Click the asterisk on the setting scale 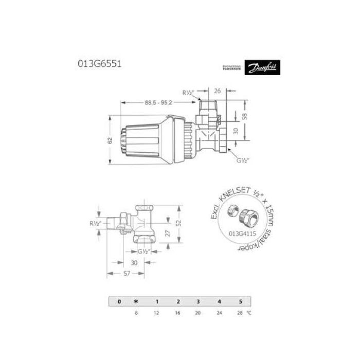click(x=136, y=301)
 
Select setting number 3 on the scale click(x=198, y=301)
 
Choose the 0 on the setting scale click(x=119, y=301)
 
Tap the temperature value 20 click(x=198, y=312)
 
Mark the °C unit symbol click(x=249, y=312)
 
